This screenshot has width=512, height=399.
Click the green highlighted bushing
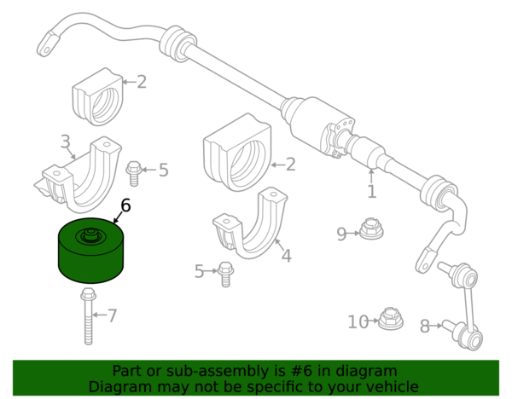pos(90,252)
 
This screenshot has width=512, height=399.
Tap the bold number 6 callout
pos(125,205)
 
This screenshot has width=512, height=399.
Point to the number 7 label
pos(112,316)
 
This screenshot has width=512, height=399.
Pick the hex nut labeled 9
pos(370,228)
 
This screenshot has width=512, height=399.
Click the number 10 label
pos(358,322)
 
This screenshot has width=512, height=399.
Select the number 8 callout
pos(425,326)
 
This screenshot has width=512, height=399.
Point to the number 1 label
pos(371,192)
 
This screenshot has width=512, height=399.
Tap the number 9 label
pos(341,234)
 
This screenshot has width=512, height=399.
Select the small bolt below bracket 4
pos(224,273)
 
